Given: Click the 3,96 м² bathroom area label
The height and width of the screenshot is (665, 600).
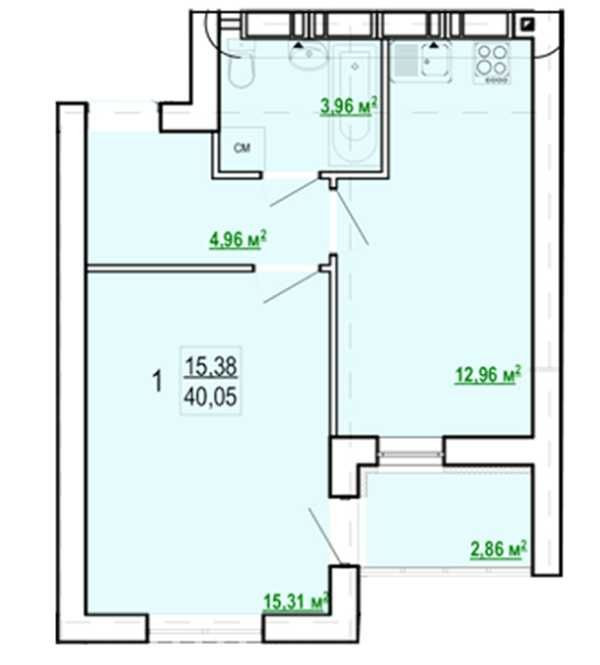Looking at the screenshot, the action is (x=349, y=106).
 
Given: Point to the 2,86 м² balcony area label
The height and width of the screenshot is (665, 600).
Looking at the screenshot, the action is (x=499, y=550).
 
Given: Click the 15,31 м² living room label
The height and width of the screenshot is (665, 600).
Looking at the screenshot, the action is (x=296, y=601).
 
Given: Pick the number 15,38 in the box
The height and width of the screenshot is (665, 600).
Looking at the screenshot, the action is (x=211, y=366).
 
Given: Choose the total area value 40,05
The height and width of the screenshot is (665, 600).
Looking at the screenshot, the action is (x=211, y=398).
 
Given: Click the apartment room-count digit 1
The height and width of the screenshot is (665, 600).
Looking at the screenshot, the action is (x=157, y=381).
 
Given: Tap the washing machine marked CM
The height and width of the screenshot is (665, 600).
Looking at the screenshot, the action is (x=242, y=148).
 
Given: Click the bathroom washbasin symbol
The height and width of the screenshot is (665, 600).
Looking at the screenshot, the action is (x=308, y=54).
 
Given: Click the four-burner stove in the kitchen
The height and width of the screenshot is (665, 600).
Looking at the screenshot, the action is (x=492, y=63).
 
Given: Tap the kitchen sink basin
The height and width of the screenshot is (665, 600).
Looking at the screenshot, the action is (x=435, y=62).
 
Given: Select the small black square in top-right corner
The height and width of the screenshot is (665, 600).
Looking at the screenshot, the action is (x=528, y=24).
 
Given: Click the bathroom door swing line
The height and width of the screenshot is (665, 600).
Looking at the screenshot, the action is (x=294, y=192).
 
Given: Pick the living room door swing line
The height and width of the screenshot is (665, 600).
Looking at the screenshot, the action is (x=291, y=288).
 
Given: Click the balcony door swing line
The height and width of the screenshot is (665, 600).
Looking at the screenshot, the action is (x=324, y=536).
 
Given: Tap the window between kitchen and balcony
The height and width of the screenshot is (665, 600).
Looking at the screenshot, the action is (x=410, y=454).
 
